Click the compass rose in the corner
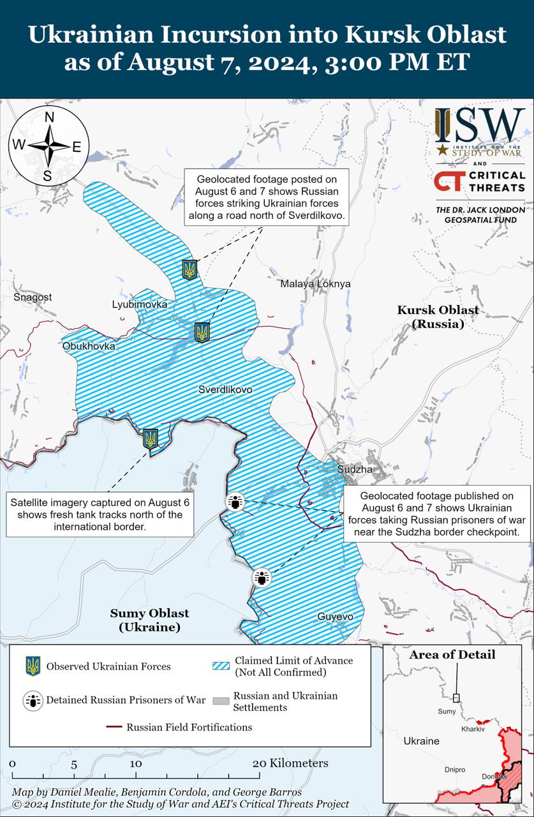pos(48,146)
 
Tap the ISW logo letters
pos(478,125)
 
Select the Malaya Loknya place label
pos(315,284)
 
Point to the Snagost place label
pos(33,297)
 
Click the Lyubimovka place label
pos(140,304)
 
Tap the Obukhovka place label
pos(89,346)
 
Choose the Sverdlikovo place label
pos(225,389)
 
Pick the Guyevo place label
pos(335,617)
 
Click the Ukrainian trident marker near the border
pos(151,438)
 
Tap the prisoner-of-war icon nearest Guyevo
pos(262,577)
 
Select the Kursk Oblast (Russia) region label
pos(438,317)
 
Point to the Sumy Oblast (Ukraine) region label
pos(149,620)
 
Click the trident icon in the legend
pos(33,666)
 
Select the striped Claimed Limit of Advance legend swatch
pos(220,666)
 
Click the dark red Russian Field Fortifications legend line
pos(114,727)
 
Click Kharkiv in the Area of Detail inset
pos(473,729)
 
